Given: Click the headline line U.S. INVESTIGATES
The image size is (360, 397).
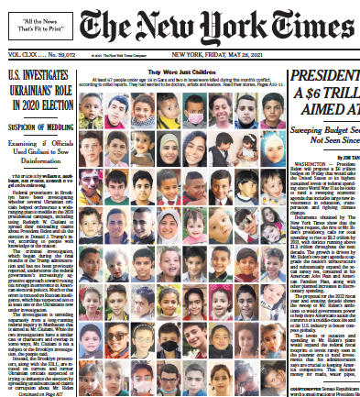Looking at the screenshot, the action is pyautogui.click(x=39, y=73).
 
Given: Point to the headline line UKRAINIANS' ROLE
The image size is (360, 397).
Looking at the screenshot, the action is pyautogui.click(x=39, y=88).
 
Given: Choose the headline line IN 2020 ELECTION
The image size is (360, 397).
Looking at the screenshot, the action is pyautogui.click(x=39, y=103).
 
